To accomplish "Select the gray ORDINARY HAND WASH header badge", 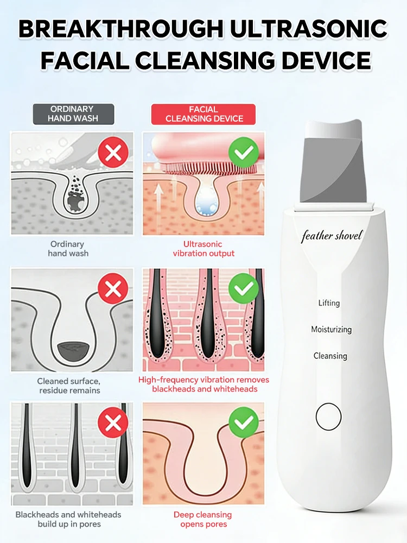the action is point(73,114).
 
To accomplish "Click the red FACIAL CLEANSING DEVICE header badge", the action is point(203,114).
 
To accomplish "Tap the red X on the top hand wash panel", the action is point(113,152).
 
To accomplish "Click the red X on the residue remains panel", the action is point(113,288).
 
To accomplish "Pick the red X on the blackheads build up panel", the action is point(113,422).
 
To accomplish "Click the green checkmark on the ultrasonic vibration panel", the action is point(244,152).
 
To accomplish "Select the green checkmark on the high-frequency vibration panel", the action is point(244,288).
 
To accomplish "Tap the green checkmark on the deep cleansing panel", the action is point(244,422).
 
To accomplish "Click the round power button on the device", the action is point(328,416).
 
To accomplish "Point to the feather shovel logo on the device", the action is point(332,236).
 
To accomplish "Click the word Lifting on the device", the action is point(329,303).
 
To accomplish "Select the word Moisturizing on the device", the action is point(331,330).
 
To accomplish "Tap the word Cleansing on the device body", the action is point(330,356).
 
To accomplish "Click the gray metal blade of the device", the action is point(332,166).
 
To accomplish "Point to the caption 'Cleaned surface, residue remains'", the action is point(69,386).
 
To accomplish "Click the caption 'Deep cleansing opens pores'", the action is point(203,520).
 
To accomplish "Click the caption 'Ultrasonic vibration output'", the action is point(203,249).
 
